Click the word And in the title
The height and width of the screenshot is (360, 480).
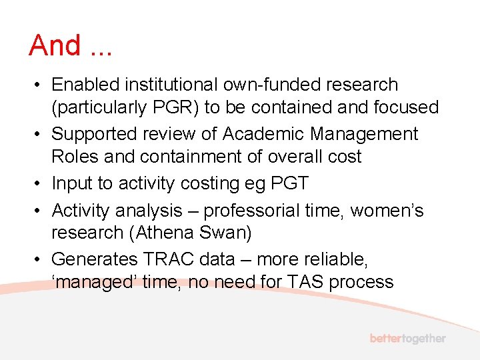point(55,46)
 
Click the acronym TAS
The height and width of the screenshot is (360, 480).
point(303,282)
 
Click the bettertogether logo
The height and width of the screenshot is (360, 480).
point(407,338)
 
